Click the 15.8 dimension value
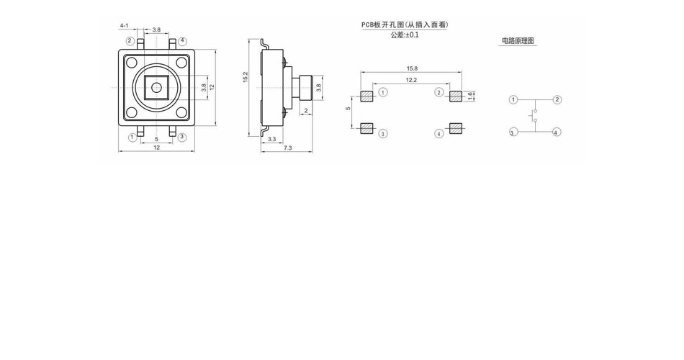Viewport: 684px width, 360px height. (412, 68)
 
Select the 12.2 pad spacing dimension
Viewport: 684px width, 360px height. (411, 80)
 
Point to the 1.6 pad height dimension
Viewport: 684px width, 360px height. (470, 96)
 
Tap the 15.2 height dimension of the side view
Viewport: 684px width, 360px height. (245, 77)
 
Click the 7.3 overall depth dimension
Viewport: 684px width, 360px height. (288, 148)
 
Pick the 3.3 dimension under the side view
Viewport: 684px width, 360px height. (271, 139)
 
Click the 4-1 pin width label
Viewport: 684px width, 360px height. (125, 26)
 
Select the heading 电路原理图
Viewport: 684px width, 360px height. (518, 41)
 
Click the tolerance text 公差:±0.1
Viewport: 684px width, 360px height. (405, 35)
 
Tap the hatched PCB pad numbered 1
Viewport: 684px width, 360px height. (367, 96)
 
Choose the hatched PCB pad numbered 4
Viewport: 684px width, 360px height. (456, 128)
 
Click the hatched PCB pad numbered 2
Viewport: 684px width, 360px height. (456, 96)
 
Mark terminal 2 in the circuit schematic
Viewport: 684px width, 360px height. (557, 100)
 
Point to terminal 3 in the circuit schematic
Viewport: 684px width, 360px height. (513, 132)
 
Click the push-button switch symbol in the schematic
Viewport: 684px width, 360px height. (534, 116)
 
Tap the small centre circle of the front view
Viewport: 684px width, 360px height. (156, 88)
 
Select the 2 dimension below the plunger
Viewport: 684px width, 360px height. (306, 111)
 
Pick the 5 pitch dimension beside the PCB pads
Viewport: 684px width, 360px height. (348, 108)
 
